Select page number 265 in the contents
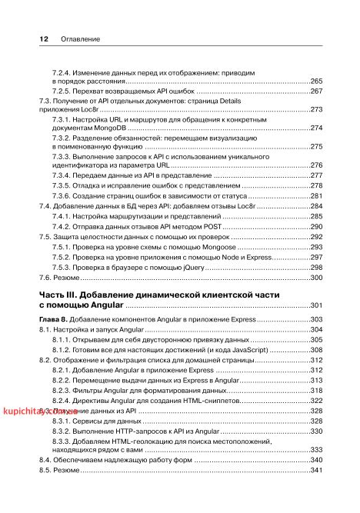click(315, 81)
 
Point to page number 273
click(315, 110)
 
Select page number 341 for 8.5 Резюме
click(315, 469)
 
